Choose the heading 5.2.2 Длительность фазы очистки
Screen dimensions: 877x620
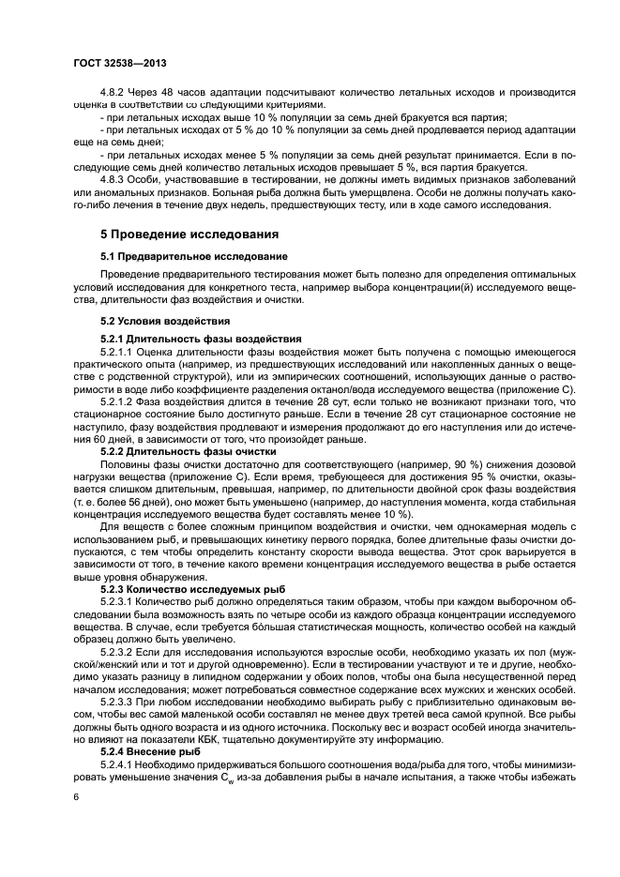[189, 450]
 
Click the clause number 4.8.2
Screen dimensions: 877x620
[113, 93]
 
